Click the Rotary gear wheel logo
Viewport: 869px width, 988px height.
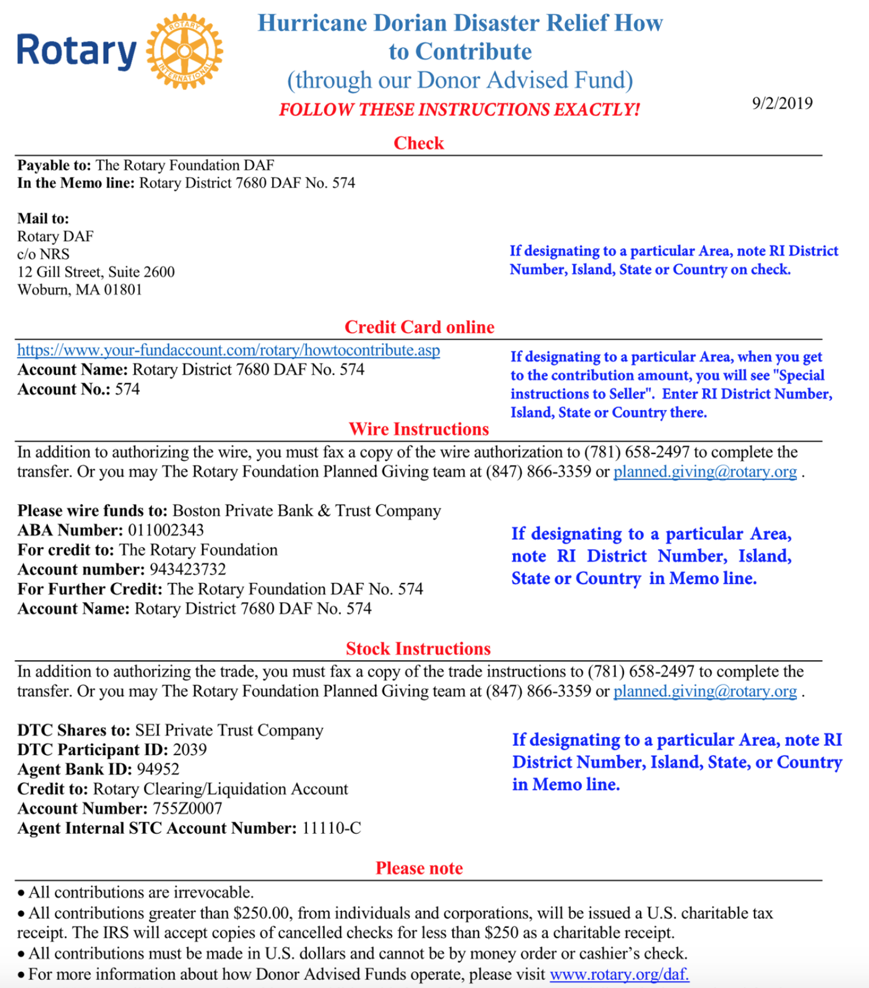coord(184,51)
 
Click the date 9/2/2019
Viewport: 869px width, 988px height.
coord(782,103)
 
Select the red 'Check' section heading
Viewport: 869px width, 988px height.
coord(418,143)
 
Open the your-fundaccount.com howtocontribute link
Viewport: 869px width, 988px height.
coord(228,350)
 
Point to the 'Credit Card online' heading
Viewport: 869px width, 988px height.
coord(419,327)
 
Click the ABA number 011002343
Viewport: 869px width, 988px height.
coord(166,530)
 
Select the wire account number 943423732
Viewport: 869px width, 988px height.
coord(187,569)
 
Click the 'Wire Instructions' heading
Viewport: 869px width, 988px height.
coord(418,429)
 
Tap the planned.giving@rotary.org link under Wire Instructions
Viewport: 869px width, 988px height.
coord(705,471)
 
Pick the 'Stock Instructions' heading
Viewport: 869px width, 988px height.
coord(418,649)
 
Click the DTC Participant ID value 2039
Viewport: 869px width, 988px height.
coord(190,749)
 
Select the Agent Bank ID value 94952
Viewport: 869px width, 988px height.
coord(158,769)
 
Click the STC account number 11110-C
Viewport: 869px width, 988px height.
coord(331,828)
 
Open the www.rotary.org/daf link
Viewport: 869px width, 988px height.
coord(619,974)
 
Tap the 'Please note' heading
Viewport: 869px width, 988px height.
coord(419,868)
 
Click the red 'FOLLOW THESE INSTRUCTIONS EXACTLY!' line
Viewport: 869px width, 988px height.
coord(459,109)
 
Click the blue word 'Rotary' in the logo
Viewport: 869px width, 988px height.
coord(76,51)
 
